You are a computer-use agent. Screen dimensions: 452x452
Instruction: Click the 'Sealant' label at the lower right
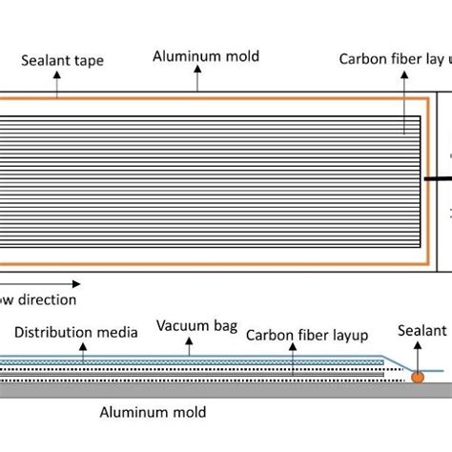[x=423, y=331]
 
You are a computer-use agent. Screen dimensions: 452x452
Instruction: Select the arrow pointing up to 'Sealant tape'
[x=57, y=83]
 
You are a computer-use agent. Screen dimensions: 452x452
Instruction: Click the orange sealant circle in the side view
[x=418, y=379]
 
